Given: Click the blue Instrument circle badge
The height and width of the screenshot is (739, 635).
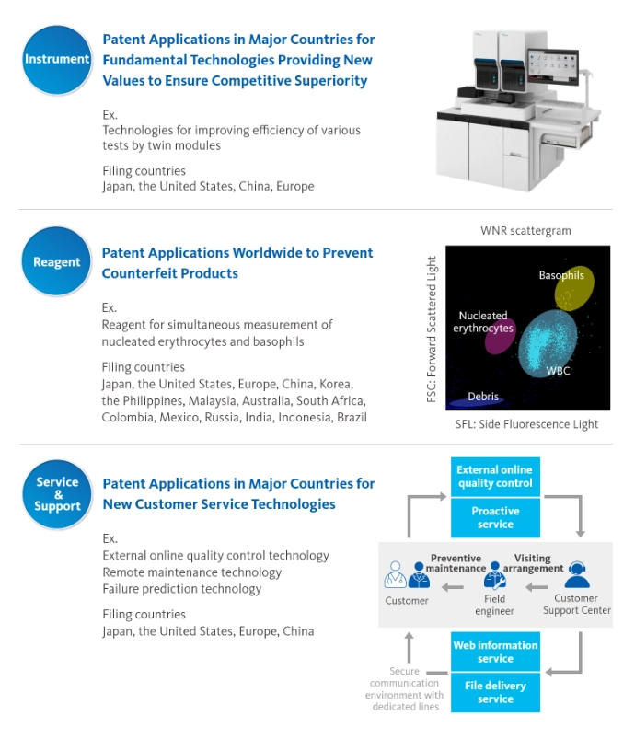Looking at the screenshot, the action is coord(56,60).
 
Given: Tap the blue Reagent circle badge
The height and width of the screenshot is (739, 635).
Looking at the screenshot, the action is coord(56,261).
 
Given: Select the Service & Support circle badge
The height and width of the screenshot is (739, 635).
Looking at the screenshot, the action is coord(57,494).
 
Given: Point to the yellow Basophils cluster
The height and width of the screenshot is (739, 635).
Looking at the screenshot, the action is coord(573,288).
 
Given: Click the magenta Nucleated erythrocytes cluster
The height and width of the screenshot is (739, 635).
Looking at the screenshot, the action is coord(500,337).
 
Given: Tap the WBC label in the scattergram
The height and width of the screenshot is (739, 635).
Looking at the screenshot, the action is coord(559,371).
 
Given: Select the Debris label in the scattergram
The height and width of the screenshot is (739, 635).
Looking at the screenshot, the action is coord(483,397).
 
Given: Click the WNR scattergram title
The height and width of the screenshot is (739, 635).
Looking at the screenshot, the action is coord(525,231).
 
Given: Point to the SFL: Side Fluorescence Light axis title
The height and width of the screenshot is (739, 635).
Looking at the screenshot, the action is coord(526,424).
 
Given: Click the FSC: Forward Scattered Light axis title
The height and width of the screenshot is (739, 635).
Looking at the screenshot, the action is coord(432,329).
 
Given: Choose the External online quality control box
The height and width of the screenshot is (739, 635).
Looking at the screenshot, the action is coord(495,477).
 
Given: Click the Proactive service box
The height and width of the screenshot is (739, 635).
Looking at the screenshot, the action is coord(495,517).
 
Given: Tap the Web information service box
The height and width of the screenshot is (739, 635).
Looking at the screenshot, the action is coord(495,652).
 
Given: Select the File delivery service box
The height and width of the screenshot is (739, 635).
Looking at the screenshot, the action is coord(495,692).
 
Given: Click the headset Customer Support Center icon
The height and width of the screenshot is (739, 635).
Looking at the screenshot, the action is coord(576,574).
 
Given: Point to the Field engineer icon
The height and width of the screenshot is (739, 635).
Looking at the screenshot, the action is coord(495,575).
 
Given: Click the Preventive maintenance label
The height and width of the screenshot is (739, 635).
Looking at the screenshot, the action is coord(456,563).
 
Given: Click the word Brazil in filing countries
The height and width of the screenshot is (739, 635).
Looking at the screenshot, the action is coord(352,418).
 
